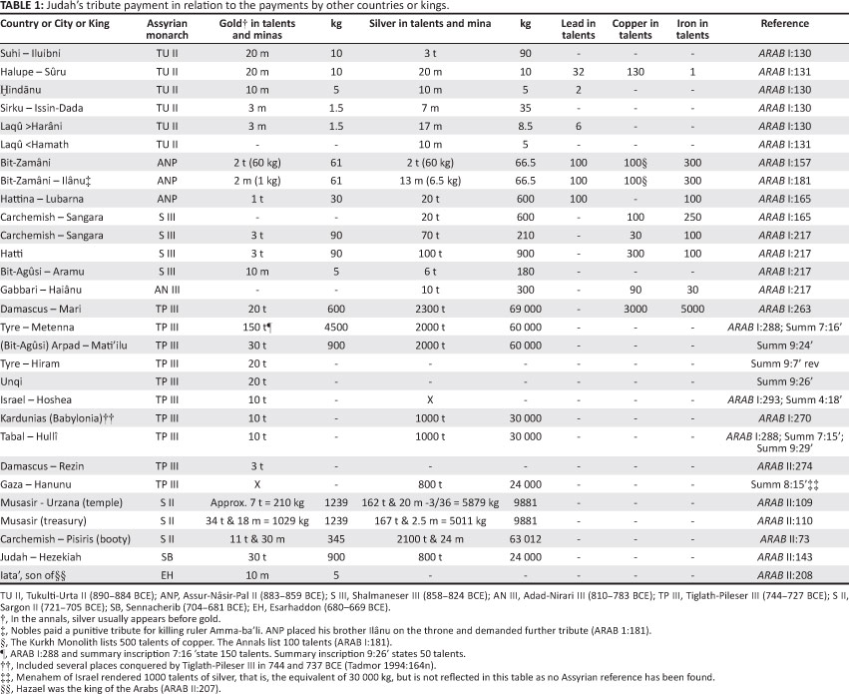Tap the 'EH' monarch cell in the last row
(167, 574)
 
